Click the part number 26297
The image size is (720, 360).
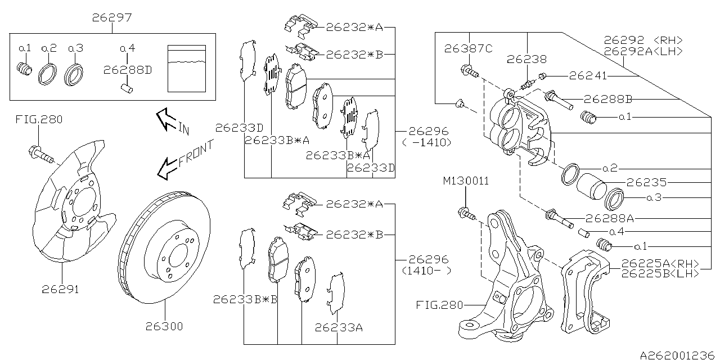coord(112,18)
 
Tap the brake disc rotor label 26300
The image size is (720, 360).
coord(164,326)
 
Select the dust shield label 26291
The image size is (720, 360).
coord(60,290)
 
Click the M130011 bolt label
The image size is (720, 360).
coord(466,181)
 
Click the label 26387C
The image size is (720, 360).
coord(468,49)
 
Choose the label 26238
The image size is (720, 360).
coord(527,58)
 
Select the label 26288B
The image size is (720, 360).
coord(607,100)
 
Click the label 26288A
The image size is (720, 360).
coord(609,218)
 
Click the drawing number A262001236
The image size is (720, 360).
coord(678,354)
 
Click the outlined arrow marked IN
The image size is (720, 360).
coord(168,119)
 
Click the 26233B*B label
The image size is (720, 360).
coord(245,300)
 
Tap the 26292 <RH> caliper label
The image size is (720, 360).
coord(643,40)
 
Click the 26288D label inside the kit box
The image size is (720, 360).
coord(127,69)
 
